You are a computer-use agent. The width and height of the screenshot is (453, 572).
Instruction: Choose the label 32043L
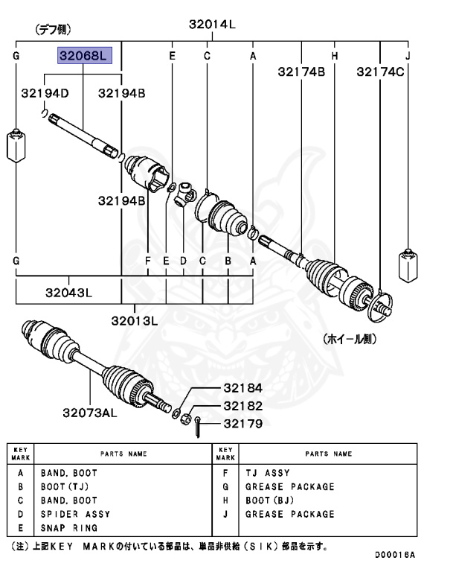click(x=68, y=292)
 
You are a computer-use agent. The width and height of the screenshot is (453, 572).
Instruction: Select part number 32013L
click(x=135, y=321)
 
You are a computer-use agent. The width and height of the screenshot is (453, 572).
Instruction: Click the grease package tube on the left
click(x=16, y=145)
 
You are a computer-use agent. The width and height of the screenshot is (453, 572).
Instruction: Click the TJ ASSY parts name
click(x=268, y=473)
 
